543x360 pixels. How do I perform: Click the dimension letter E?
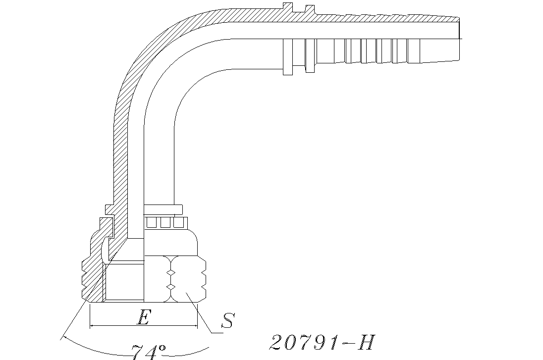143,317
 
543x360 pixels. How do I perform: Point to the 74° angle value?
148,352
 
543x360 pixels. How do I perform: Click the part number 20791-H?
322,342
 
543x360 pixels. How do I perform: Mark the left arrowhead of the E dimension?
93,326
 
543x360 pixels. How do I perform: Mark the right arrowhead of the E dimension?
195,326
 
